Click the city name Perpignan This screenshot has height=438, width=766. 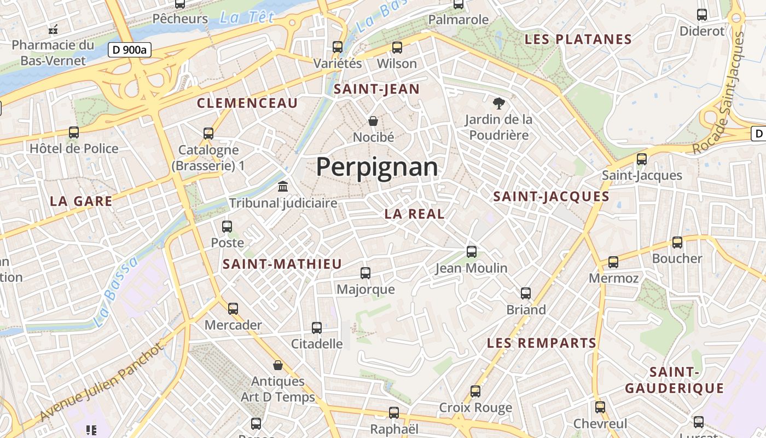tap(377, 167)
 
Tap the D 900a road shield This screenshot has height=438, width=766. tap(129, 50)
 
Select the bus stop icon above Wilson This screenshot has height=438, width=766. tap(397, 48)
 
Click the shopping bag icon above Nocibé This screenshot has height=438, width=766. tap(373, 120)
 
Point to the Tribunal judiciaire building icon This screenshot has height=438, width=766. tap(283, 187)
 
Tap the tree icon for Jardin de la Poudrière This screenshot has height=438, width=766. tap(498, 103)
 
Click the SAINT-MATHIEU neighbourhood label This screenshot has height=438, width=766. tap(282, 264)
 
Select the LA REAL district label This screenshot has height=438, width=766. tap(414, 214)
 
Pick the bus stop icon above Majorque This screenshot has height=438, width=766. tap(365, 273)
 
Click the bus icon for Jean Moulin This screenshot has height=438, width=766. tap(472, 252)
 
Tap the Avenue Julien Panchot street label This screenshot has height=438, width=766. tap(102, 383)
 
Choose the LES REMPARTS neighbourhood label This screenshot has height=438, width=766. tap(541, 343)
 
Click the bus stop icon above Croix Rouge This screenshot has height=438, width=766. tap(475, 391)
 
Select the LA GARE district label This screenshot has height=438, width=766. tap(81, 201)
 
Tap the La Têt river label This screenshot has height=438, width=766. tap(246, 18)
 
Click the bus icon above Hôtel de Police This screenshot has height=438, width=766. tap(74, 132)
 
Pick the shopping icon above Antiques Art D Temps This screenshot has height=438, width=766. tap(278, 365)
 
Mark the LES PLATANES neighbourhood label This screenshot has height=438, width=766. tap(578, 39)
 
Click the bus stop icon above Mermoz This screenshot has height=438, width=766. tap(613, 262)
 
